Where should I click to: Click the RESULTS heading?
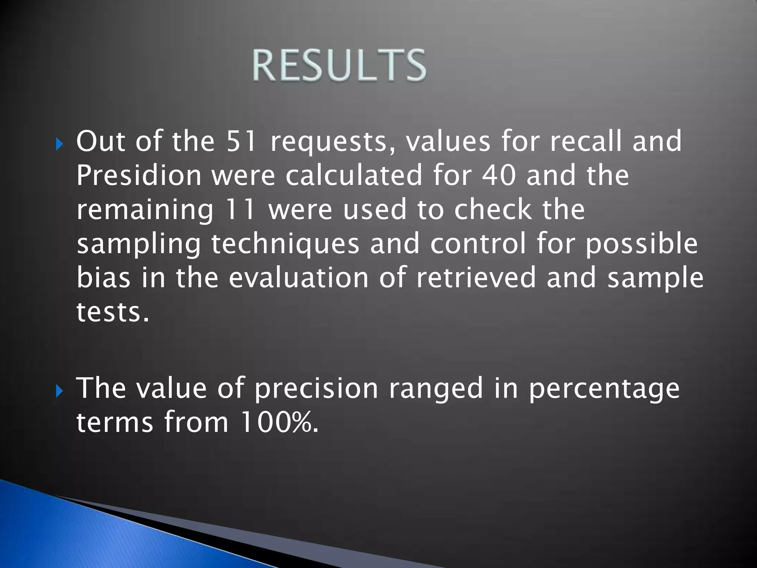point(339,65)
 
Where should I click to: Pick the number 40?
point(499,175)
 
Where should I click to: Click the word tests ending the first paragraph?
point(112,312)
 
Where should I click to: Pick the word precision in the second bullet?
point(316,389)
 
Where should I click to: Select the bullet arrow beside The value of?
point(60,391)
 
